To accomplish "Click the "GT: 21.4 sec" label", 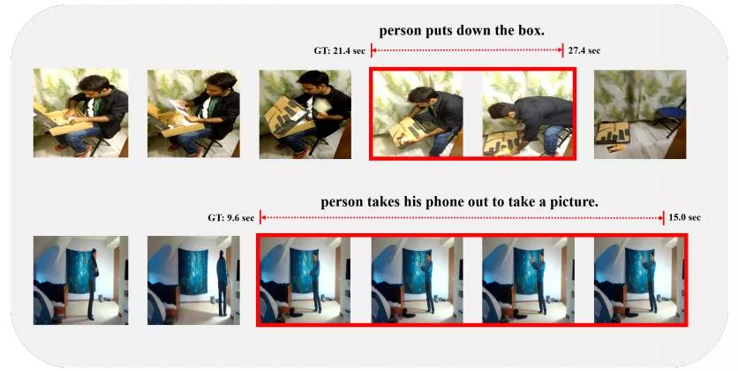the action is pos(339,51).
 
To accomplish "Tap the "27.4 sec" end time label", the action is pos(584,50).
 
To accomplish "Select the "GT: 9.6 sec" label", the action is pos(230,218).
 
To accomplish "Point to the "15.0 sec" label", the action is pos(684,217).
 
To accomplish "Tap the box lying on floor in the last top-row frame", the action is pos(613,132).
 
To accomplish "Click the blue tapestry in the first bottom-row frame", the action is pos(79,271).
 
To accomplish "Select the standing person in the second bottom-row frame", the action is pos(222,284).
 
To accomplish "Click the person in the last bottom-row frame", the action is pos(650,284).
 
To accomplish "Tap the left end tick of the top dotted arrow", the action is pos(372,50).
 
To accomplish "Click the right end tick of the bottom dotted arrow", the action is pos(664,218).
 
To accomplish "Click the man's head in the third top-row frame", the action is pos(313,82).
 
